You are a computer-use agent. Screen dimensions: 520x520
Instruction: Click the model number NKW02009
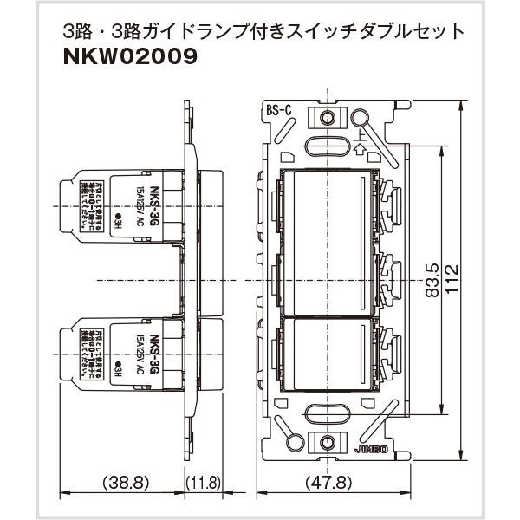click(129, 57)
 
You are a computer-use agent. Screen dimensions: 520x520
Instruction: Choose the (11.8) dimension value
click(204, 481)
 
